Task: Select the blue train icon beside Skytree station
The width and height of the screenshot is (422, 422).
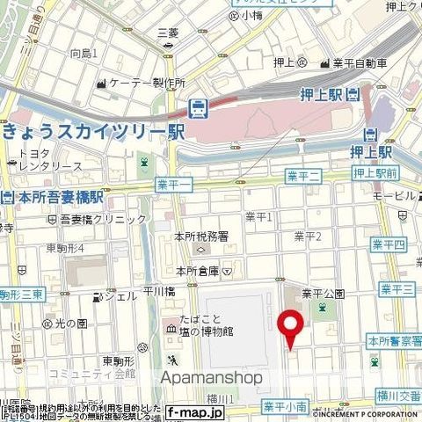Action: point(199,108)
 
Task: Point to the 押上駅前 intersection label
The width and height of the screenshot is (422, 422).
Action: point(376,173)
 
